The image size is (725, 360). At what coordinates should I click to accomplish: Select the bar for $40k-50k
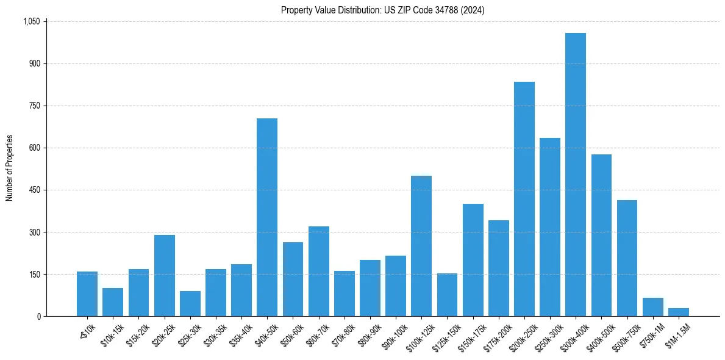(x=267, y=217)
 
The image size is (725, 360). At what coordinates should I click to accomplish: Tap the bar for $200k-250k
(x=524, y=199)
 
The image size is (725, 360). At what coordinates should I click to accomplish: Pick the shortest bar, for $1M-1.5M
(x=678, y=312)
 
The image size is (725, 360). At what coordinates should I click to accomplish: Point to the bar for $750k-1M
(x=652, y=307)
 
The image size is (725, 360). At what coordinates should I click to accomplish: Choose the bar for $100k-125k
(x=421, y=246)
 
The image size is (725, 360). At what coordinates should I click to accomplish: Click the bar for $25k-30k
(x=190, y=304)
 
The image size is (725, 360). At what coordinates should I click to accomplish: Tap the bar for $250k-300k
(x=549, y=227)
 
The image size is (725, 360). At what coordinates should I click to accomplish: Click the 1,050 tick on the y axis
(x=31, y=21)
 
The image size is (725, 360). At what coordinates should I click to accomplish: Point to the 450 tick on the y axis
(x=35, y=190)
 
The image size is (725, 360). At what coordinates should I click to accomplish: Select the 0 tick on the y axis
(x=39, y=316)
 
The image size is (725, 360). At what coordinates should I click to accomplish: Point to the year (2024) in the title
(x=472, y=10)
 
